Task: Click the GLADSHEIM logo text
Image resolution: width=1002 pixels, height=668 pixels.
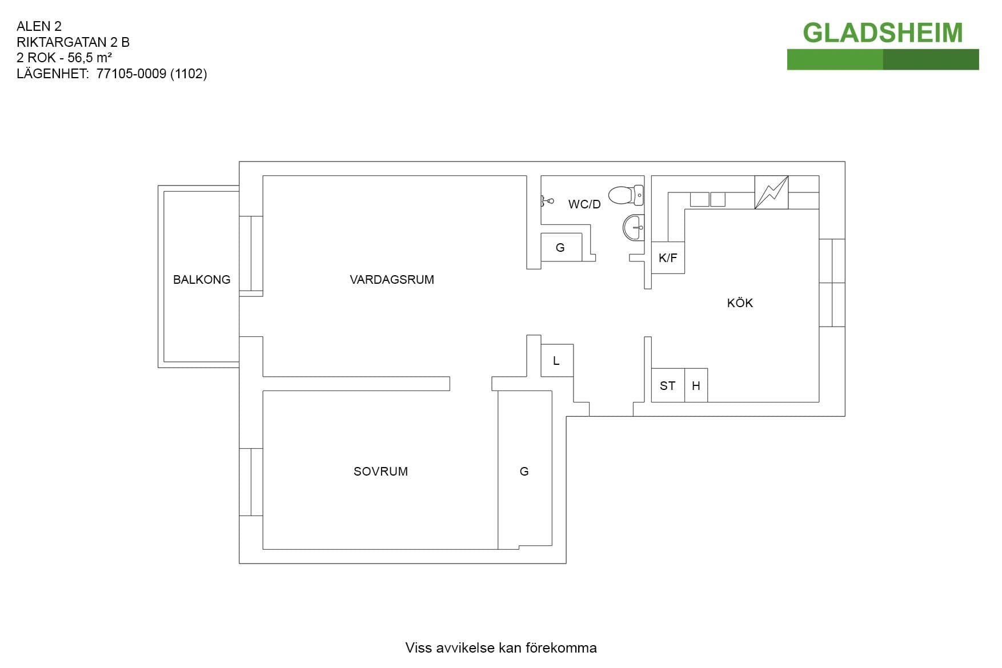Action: click(883, 33)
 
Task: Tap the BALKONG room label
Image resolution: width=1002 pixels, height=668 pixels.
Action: click(202, 280)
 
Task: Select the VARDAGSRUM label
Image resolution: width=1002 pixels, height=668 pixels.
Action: click(392, 280)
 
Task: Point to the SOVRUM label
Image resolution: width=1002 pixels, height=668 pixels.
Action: click(380, 472)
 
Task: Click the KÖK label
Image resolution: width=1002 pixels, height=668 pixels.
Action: click(740, 303)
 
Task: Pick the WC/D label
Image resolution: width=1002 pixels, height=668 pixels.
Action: click(584, 204)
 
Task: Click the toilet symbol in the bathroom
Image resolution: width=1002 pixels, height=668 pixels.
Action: click(626, 195)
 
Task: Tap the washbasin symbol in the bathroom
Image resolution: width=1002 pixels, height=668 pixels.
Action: click(634, 227)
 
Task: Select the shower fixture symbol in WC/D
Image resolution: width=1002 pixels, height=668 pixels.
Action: click(547, 201)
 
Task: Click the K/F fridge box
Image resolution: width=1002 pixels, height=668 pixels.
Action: click(668, 257)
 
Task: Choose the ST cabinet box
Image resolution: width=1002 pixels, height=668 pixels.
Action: click(668, 385)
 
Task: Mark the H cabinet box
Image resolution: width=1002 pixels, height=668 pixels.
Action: click(696, 385)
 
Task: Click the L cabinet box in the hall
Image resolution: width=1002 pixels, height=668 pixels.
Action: click(556, 360)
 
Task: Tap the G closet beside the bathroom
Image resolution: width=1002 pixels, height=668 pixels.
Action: click(561, 247)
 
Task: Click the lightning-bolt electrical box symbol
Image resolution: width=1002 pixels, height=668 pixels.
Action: click(771, 192)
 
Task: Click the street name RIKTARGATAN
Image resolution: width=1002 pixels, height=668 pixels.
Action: click(62, 42)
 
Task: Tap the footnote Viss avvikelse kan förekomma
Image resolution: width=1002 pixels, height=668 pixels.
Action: click(501, 647)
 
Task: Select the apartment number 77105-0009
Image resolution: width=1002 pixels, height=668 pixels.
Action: click(131, 74)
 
